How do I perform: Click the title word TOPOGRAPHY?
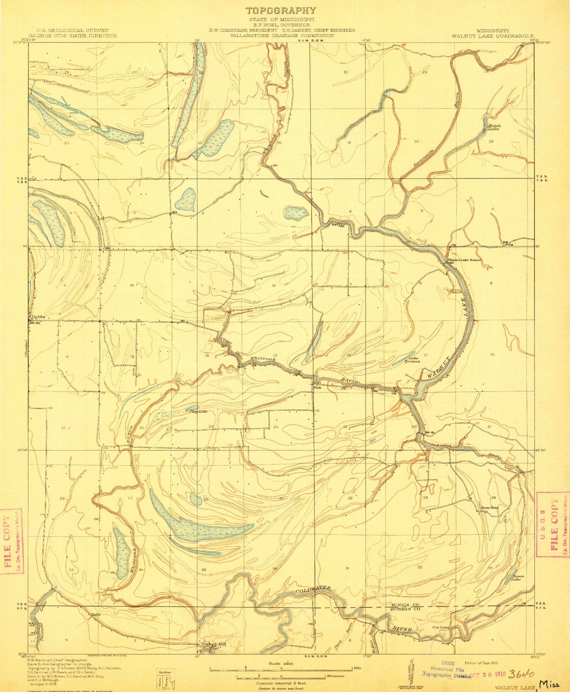click(x=280, y=11)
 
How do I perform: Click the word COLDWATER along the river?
click(x=312, y=590)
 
